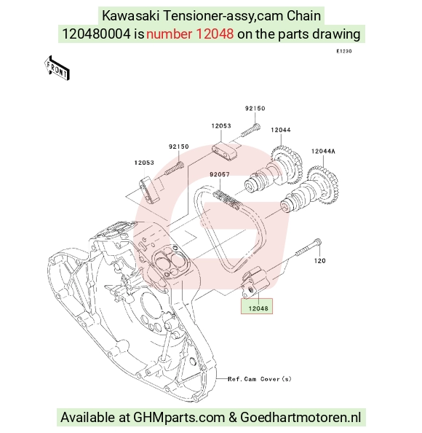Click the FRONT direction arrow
click(x=57, y=69)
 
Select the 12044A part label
click(x=323, y=152)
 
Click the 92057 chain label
click(x=220, y=174)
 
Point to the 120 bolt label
click(x=319, y=261)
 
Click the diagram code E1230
click(x=344, y=51)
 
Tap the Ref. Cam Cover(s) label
click(x=259, y=379)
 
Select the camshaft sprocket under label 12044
click(x=287, y=165)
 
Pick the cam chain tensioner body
click(x=254, y=282)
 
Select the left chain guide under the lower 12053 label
click(x=150, y=191)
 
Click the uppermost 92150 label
click(x=255, y=109)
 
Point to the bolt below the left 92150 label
click(x=175, y=168)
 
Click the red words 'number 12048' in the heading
click(x=190, y=34)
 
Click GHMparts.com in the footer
click(x=179, y=417)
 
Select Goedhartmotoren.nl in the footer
click(x=300, y=417)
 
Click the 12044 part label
click(x=281, y=130)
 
